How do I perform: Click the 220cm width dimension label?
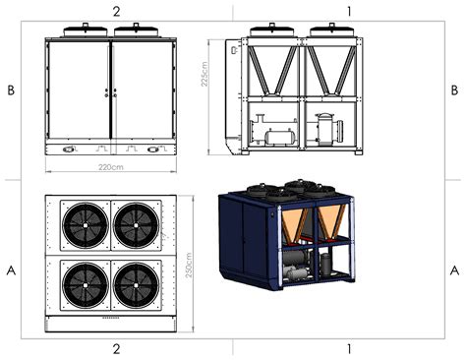pyautogui.click(x=111, y=167)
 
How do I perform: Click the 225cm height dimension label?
pyautogui.click(x=204, y=74)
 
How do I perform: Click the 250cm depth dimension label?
pyautogui.click(x=189, y=266)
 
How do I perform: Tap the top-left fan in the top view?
pyautogui.click(x=86, y=225)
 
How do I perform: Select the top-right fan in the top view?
pyautogui.click(x=136, y=225)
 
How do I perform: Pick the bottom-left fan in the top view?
pyautogui.click(x=86, y=285)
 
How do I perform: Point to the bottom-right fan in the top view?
pyautogui.click(x=136, y=285)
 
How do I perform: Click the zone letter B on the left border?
pyautogui.click(x=11, y=90)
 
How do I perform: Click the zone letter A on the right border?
pyautogui.click(x=454, y=270)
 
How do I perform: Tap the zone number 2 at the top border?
pyautogui.click(x=117, y=12)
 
